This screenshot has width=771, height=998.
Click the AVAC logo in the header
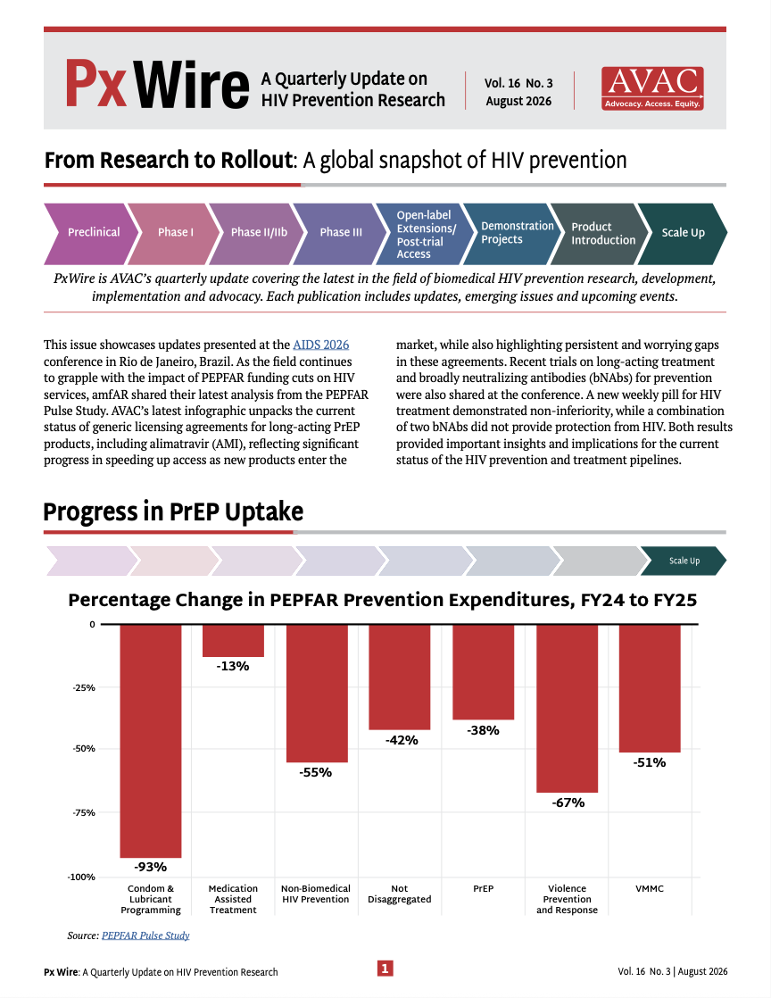pos(652,88)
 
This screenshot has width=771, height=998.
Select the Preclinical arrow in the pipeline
pos(91,234)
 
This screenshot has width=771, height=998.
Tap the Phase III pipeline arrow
pos(340,234)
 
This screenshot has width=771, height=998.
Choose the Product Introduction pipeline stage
pos(599,234)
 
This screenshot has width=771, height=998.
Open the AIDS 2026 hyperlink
pos(321,345)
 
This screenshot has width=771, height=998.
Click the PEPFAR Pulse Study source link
pos(145,936)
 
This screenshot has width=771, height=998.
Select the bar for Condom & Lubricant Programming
pos(151,742)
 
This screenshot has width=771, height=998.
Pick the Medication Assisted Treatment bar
pos(233,641)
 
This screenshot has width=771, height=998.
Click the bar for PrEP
pos(484,672)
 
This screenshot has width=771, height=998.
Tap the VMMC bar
pos(650,688)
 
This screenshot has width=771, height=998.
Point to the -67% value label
pos(568,803)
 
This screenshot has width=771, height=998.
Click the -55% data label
pos(316,773)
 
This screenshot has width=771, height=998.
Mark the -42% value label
pos(402,740)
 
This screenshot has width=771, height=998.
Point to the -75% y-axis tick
pos(83,813)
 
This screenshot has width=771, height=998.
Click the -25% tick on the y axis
pos(83,688)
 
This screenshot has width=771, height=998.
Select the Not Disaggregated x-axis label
pos(400,894)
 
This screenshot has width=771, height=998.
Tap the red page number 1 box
pos(385,969)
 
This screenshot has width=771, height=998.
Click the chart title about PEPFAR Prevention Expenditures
pos(382,600)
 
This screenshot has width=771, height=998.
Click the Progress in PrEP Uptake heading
pos(173,511)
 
